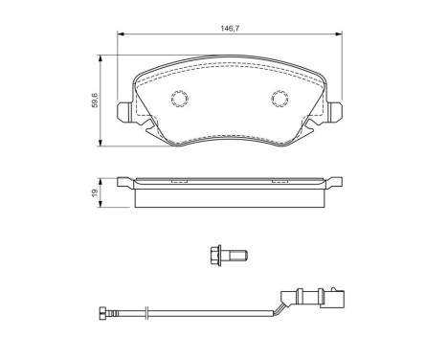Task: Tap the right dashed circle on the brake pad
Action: (280, 98)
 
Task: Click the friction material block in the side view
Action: (230, 195)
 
